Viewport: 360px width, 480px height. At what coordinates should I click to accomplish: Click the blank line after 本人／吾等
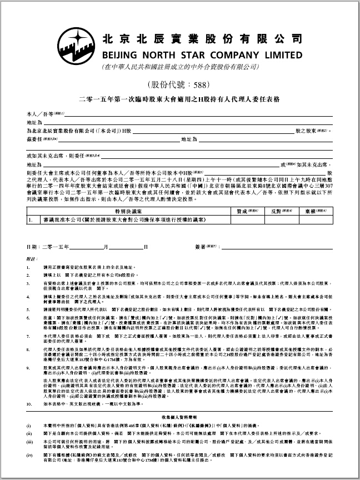tap(194, 114)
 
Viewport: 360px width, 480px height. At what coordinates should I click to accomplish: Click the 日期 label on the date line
tap(32, 246)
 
